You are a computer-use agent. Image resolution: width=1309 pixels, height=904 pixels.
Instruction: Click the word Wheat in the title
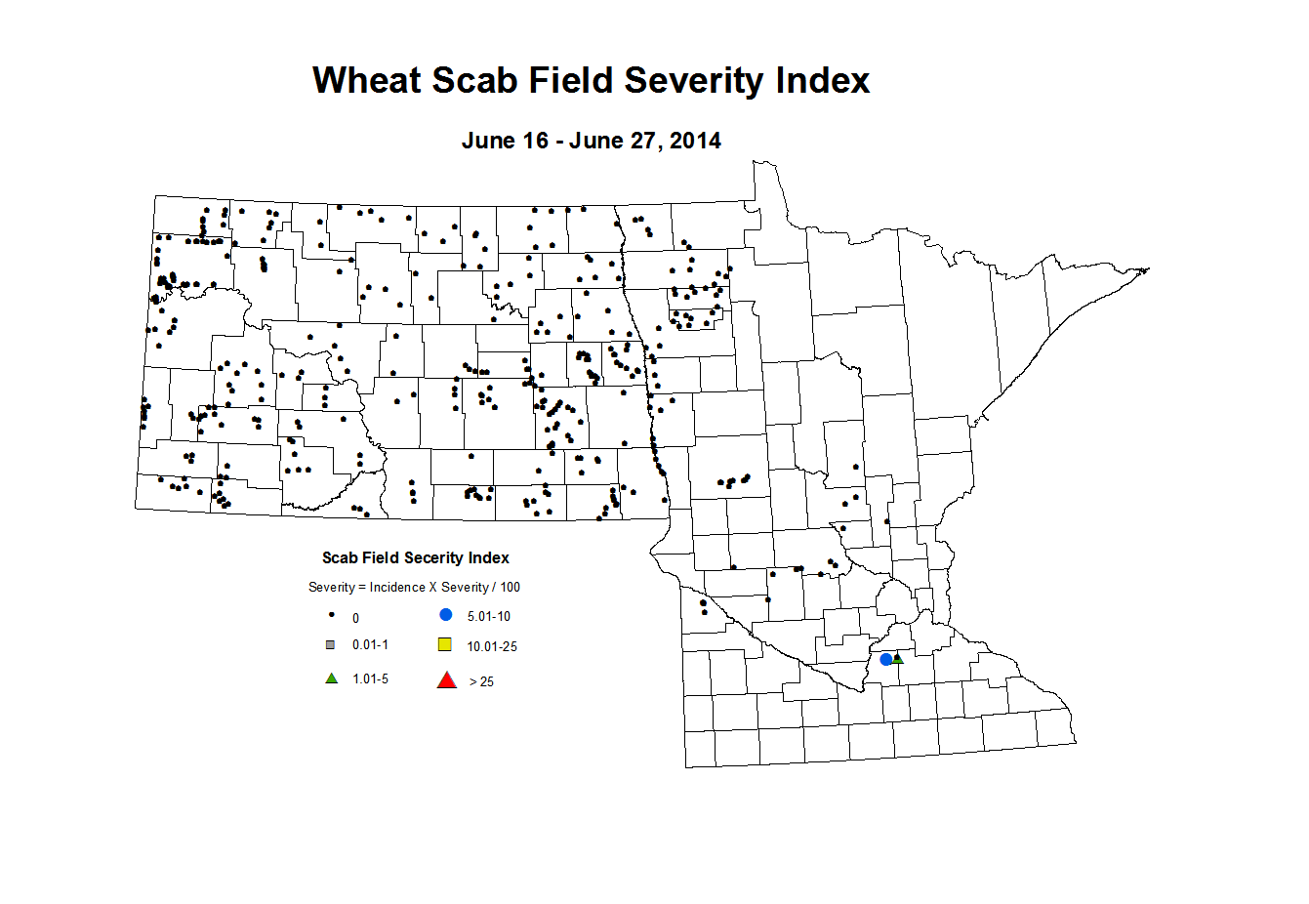pyautogui.click(x=366, y=80)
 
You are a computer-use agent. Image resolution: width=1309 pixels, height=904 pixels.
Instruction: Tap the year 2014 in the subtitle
pyautogui.click(x=695, y=141)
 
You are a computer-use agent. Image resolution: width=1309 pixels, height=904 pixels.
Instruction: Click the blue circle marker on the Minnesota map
pyautogui.click(x=886, y=659)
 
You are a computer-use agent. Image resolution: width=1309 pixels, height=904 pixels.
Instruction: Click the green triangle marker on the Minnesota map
pyautogui.click(x=898, y=658)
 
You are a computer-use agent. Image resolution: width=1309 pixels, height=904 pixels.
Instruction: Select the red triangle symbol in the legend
pyautogui.click(x=447, y=680)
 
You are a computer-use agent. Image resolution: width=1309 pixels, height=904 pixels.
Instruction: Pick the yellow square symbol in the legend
pyautogui.click(x=445, y=644)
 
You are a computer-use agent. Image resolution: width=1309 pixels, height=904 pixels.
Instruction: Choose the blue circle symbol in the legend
pyautogui.click(x=446, y=615)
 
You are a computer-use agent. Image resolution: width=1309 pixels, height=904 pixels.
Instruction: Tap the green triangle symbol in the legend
pyautogui.click(x=332, y=678)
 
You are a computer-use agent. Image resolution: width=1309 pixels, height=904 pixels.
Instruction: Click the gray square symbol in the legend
pyautogui.click(x=331, y=645)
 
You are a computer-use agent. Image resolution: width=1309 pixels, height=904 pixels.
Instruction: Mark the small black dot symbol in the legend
pyautogui.click(x=332, y=616)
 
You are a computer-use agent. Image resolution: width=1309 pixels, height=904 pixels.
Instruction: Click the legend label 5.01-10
pyautogui.click(x=488, y=617)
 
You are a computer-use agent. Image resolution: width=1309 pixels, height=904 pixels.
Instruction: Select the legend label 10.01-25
pyautogui.click(x=492, y=646)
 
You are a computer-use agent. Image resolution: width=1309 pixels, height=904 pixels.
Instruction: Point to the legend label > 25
pyautogui.click(x=481, y=681)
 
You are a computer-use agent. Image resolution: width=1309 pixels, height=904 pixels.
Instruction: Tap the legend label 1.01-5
pyautogui.click(x=370, y=678)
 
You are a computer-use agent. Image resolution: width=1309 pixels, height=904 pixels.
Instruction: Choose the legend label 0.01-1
pyautogui.click(x=370, y=645)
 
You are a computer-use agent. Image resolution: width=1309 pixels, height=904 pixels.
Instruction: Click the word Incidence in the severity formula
pyautogui.click(x=397, y=588)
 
